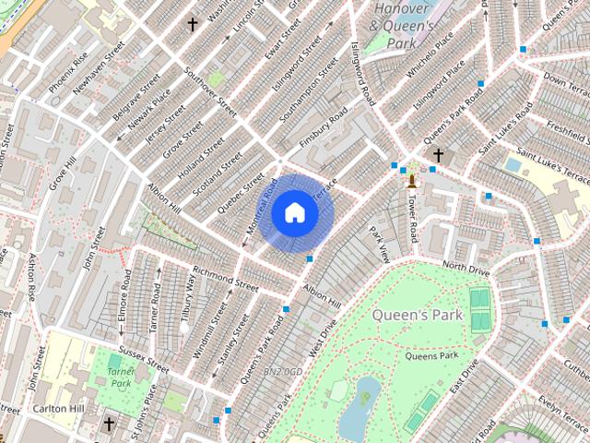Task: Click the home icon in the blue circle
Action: [294, 213]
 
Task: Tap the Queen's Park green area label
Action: [416, 315]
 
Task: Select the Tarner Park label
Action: [121, 376]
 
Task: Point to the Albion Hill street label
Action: [322, 297]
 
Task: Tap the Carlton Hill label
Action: [53, 409]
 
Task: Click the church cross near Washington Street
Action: [193, 24]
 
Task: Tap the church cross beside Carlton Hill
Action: [110, 424]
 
